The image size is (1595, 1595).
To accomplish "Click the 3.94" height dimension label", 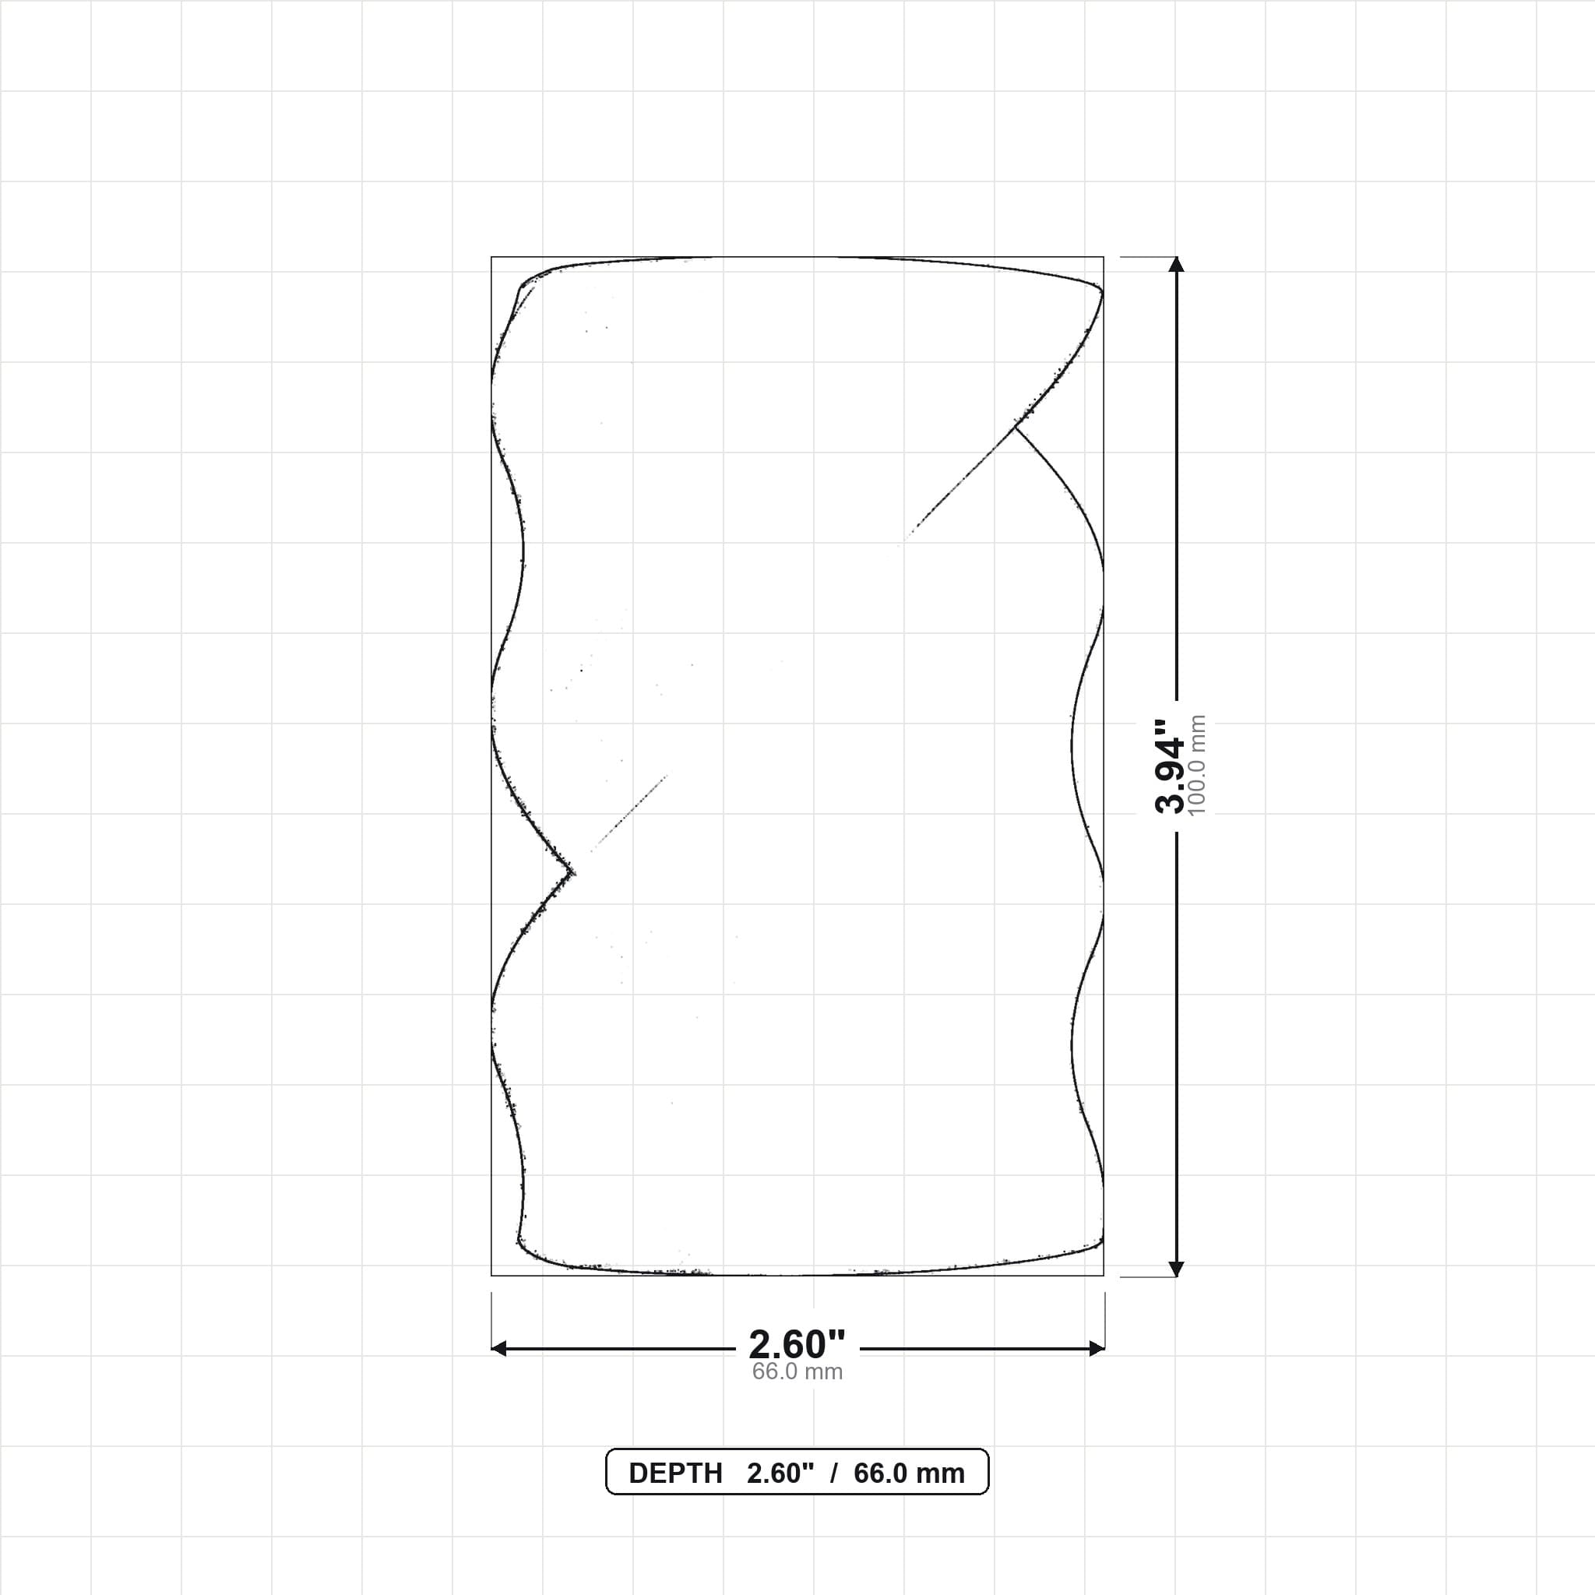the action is [x=1169, y=766].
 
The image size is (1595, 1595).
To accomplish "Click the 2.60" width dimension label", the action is [x=797, y=1345].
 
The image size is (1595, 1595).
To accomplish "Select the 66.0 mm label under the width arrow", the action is [x=797, y=1372].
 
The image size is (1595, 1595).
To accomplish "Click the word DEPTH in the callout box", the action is [x=675, y=1474].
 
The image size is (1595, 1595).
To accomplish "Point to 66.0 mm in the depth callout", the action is [x=909, y=1474].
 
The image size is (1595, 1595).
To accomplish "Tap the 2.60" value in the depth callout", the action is [x=780, y=1474].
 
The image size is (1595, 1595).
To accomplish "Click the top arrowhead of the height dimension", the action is [x=1177, y=263].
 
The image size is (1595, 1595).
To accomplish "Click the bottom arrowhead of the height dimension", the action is [x=1177, y=1269].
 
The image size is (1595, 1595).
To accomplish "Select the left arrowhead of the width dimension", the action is [x=498, y=1349].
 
